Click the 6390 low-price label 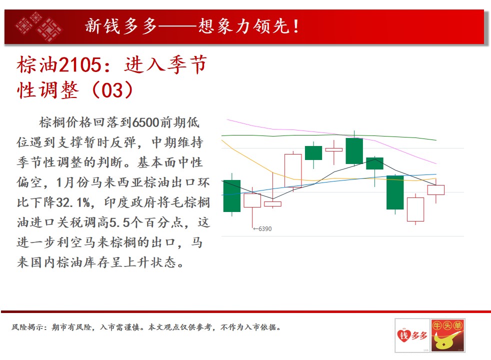pyautogui.click(x=262, y=229)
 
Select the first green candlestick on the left pyautogui.click(x=231, y=196)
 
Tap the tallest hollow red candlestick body pyautogui.click(x=293, y=170)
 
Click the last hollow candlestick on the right pyautogui.click(x=436, y=190)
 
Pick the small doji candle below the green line pyautogui.click(x=334, y=150)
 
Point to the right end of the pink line pyautogui.click(x=436, y=163)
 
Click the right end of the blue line pyautogui.click(x=436, y=174)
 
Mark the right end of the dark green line pyautogui.click(x=436, y=140)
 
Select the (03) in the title pyautogui.click(x=112, y=90)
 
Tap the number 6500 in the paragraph pyautogui.click(x=145, y=122)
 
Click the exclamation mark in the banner pyautogui.click(x=296, y=26)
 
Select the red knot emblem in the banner pyautogui.click(x=39, y=26)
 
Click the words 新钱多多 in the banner pyautogui.click(x=121, y=26)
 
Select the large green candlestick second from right pyautogui.click(x=395, y=192)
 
